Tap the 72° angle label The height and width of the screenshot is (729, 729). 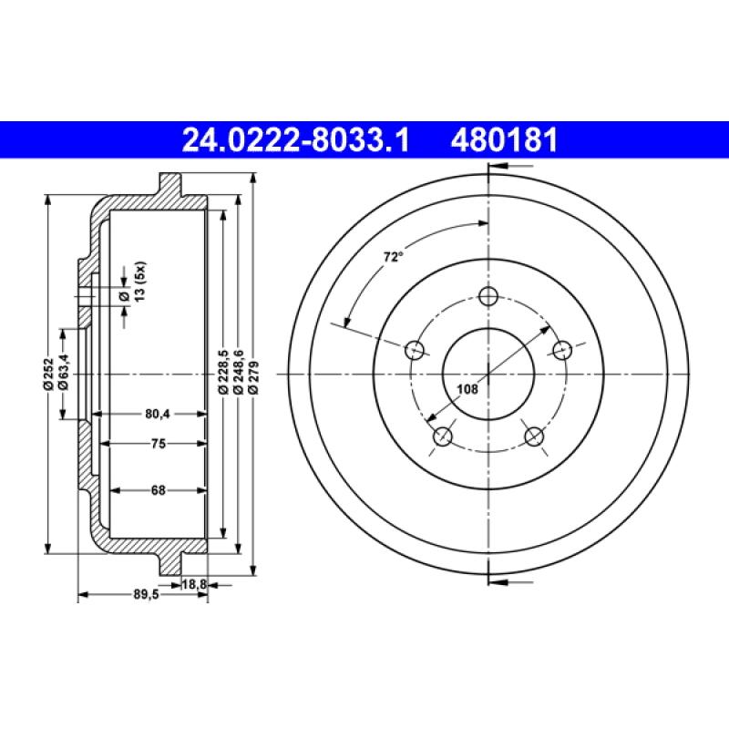click(x=392, y=258)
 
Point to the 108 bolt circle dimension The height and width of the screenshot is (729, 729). click(x=467, y=389)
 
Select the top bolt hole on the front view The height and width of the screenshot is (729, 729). click(x=488, y=296)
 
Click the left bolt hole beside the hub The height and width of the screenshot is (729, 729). click(x=415, y=349)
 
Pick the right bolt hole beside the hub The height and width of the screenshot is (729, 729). click(x=562, y=349)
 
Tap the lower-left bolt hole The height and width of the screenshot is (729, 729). click(x=443, y=436)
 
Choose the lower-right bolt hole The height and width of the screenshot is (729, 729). click(x=534, y=436)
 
